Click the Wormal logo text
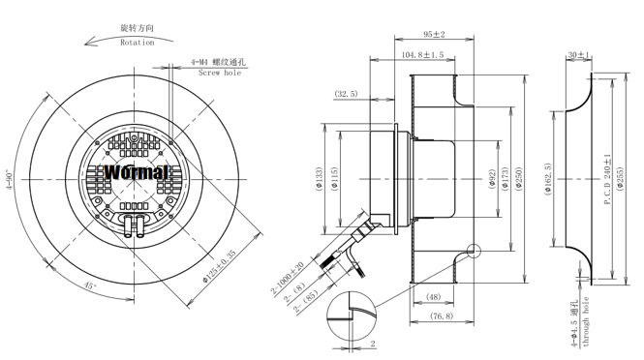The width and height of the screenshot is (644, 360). (137, 172)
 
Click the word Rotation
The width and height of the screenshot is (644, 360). (138, 43)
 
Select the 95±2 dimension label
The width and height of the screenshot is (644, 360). (434, 34)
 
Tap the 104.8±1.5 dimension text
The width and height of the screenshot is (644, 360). (422, 54)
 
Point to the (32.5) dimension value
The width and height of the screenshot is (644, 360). (347, 94)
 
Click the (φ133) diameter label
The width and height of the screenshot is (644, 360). (321, 179)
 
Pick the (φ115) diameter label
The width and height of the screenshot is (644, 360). (334, 179)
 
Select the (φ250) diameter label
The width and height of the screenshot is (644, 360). (518, 179)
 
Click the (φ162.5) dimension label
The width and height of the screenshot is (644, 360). (547, 179)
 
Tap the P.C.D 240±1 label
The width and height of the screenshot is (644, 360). (607, 179)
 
